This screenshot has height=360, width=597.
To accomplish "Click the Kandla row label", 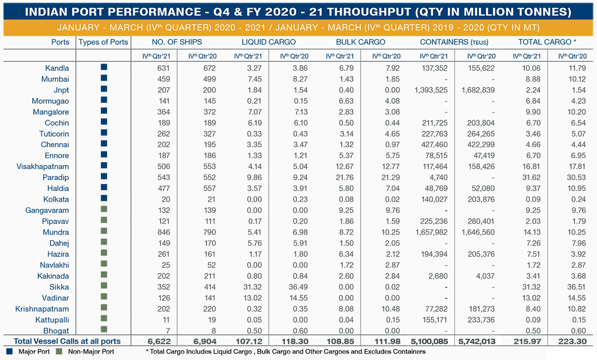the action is click(57, 68).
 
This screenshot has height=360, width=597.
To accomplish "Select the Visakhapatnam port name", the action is click(43, 167).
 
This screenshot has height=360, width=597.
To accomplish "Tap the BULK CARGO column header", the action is click(361, 42).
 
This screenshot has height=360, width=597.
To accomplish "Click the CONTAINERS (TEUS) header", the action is click(454, 42).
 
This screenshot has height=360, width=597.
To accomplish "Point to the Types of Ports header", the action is click(103, 42).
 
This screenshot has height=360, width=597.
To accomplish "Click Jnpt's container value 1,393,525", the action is click(431, 90).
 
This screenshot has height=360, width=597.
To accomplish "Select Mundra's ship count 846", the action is click(164, 232).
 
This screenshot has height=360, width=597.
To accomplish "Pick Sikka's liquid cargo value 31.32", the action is click(252, 287).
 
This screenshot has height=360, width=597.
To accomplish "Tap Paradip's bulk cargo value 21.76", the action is click(345, 178).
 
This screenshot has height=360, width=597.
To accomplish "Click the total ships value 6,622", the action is click(159, 341).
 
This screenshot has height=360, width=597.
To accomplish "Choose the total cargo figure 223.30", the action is click(573, 341).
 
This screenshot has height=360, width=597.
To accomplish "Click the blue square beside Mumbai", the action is click(104, 78).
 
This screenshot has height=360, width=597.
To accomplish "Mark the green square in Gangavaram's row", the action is click(104, 209).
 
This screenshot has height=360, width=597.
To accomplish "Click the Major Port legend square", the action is click(9, 352).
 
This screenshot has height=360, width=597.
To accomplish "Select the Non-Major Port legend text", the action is click(91, 352).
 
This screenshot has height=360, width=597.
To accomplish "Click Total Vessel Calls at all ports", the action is click(67, 341).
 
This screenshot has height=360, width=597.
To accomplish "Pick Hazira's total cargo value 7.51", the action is click(533, 254).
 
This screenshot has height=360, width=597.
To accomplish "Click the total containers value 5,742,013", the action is click(477, 341).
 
